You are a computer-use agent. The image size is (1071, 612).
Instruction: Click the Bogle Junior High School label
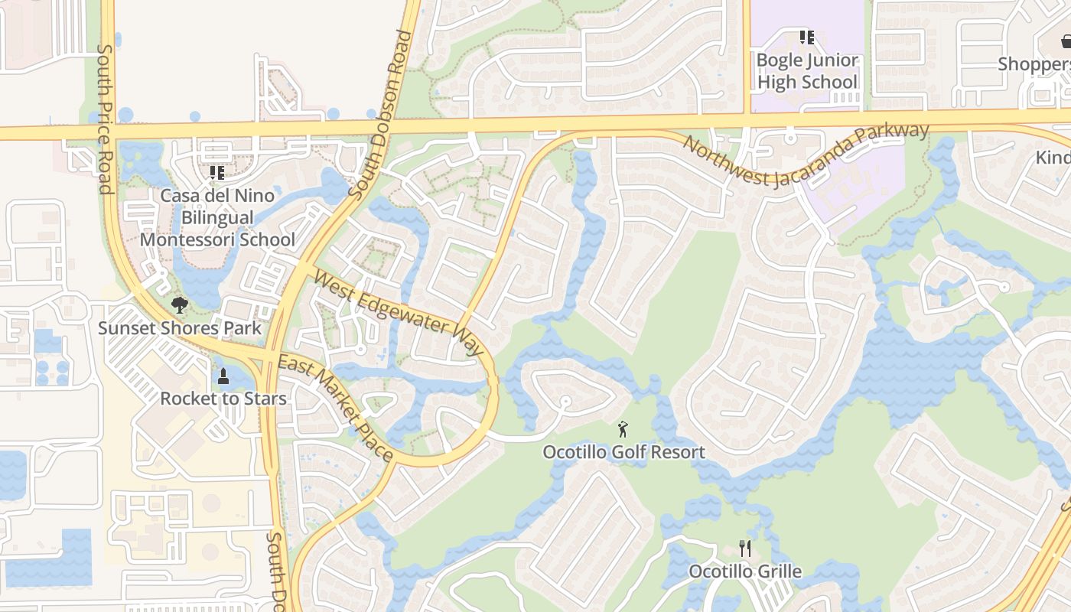click(807, 71)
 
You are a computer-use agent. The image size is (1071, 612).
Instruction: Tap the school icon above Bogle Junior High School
click(806, 37)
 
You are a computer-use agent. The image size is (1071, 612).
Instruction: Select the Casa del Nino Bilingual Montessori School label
click(217, 217)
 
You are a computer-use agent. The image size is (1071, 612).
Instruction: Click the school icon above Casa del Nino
click(217, 173)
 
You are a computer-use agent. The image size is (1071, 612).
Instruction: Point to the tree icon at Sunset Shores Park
click(180, 306)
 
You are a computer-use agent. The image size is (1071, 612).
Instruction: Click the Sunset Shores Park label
click(180, 328)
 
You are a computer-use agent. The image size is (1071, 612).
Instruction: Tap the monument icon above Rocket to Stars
click(223, 376)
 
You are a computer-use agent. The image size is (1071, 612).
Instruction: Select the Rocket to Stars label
click(223, 399)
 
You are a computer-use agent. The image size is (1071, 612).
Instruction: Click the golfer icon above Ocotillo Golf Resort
click(623, 429)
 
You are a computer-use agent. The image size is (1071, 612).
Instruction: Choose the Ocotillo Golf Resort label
click(623, 452)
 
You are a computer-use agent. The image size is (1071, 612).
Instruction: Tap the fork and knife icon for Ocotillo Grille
click(745, 548)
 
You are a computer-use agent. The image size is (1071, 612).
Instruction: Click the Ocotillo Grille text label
click(745, 571)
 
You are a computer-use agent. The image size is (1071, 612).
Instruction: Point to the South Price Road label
click(106, 119)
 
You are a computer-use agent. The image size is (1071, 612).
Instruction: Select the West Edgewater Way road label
click(399, 314)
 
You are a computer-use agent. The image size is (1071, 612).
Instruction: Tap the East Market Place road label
click(336, 409)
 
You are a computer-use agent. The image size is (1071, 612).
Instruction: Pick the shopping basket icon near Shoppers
click(1067, 41)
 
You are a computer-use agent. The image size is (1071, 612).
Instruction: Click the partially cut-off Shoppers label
click(1034, 64)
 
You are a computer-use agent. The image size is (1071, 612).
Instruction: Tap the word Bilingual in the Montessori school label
click(217, 217)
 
